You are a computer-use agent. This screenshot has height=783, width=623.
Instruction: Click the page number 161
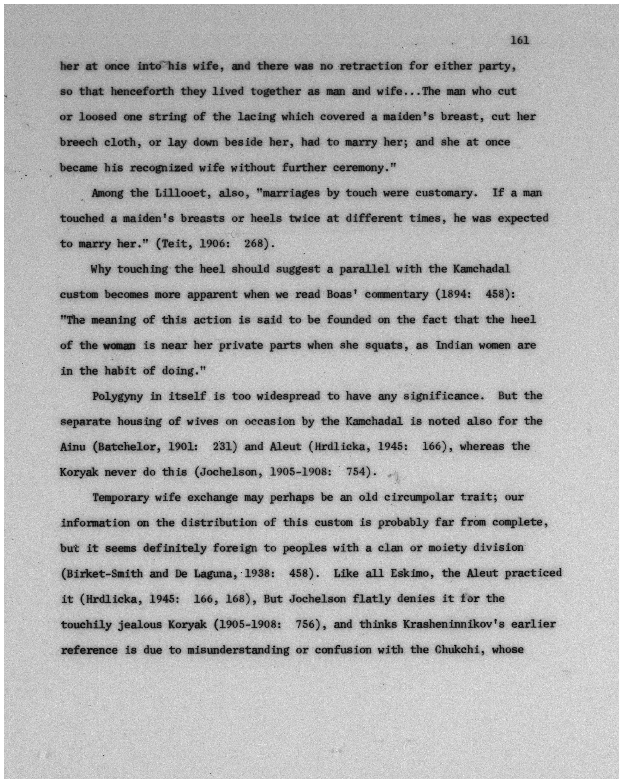[520, 41]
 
